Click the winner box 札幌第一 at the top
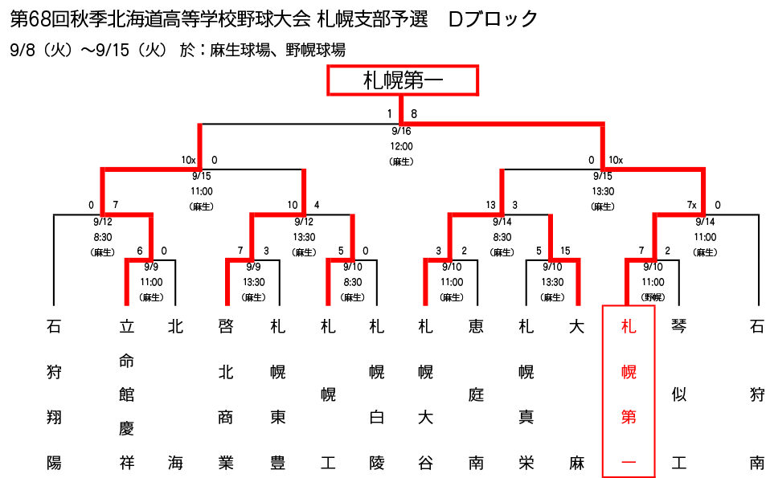[403, 80]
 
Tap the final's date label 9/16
[401, 131]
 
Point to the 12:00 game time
[401, 146]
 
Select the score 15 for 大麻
[565, 251]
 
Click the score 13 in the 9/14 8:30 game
[490, 205]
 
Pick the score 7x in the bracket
[691, 205]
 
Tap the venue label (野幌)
[653, 297]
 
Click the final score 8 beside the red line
[414, 114]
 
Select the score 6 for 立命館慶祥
[140, 251]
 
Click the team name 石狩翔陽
[54, 394]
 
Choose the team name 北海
[175, 394]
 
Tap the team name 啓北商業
[226, 394]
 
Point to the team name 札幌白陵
[377, 394]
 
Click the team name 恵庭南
[476, 394]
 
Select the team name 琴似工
[678, 394]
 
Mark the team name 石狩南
[757, 394]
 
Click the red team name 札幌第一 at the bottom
[629, 394]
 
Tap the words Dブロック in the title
[493, 19]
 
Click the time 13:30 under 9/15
[603, 191]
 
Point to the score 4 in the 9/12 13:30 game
[317, 205]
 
